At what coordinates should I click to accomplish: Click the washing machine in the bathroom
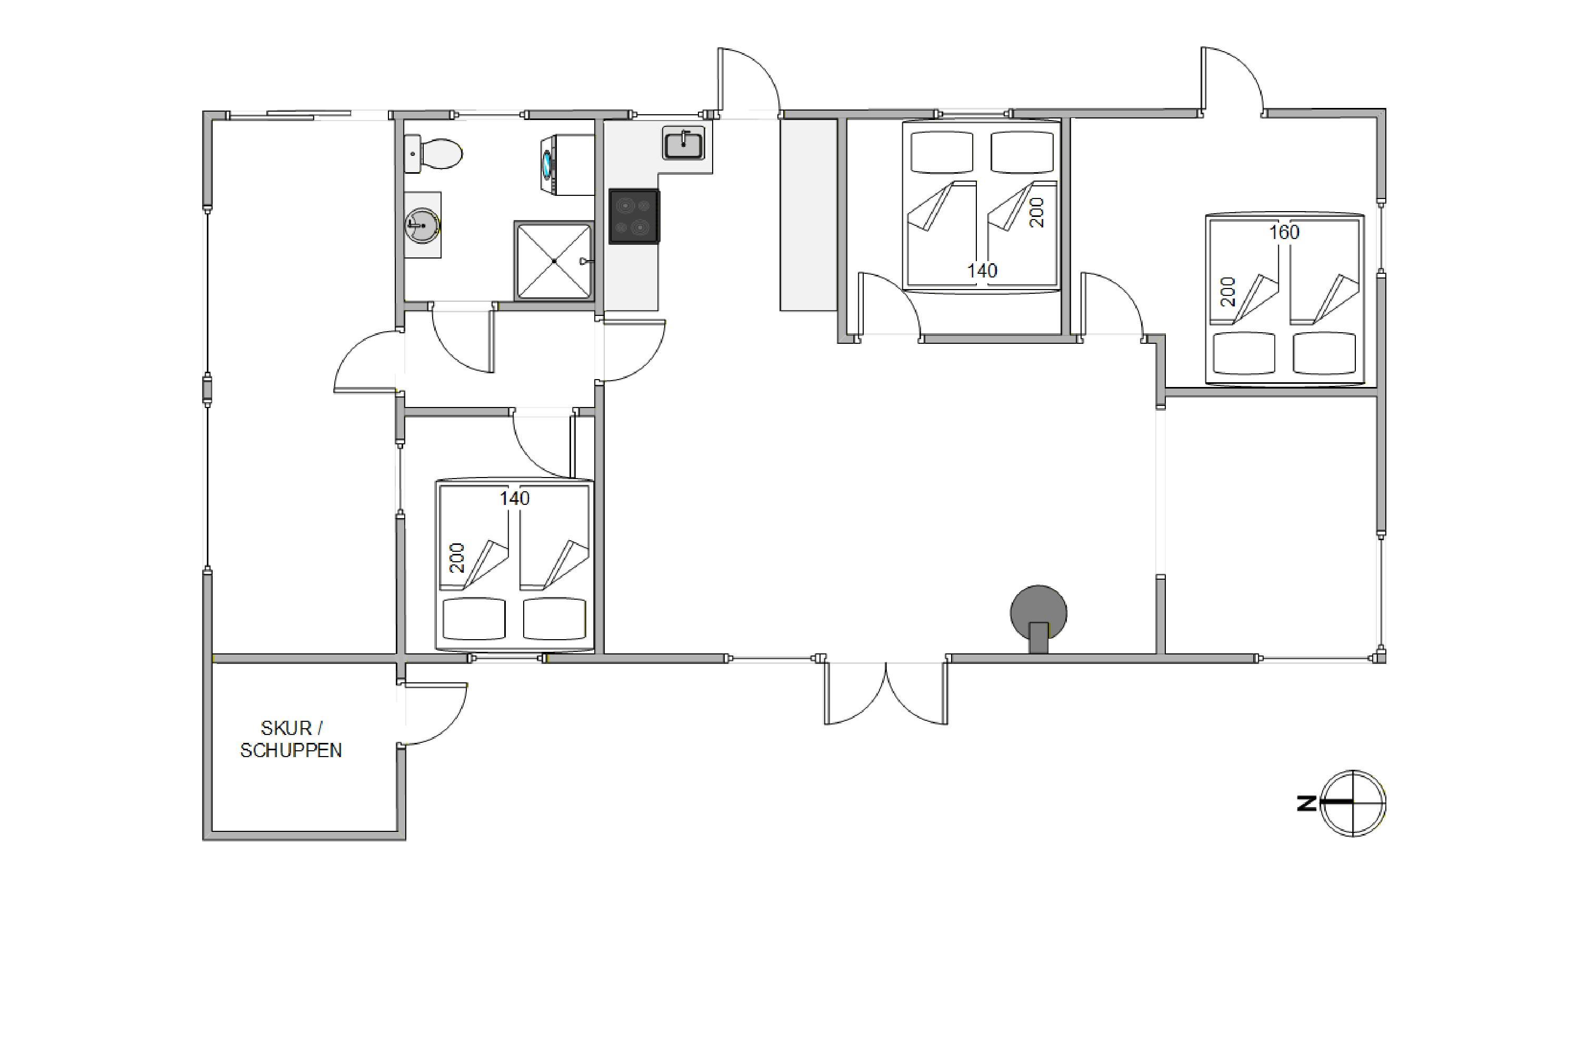click(567, 165)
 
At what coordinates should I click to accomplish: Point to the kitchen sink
click(683, 144)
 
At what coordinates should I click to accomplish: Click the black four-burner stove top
click(634, 216)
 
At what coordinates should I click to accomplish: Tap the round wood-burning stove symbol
click(1038, 618)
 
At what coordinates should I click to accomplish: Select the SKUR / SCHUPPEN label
click(292, 739)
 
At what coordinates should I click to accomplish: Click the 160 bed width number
click(1284, 232)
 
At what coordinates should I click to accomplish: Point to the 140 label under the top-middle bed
click(982, 271)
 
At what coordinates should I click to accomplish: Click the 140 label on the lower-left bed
click(515, 498)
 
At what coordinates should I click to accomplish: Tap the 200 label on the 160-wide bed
click(1228, 292)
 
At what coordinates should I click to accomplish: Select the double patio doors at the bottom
click(886, 693)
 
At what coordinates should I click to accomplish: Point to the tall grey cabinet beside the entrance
click(808, 215)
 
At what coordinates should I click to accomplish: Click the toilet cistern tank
click(412, 154)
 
